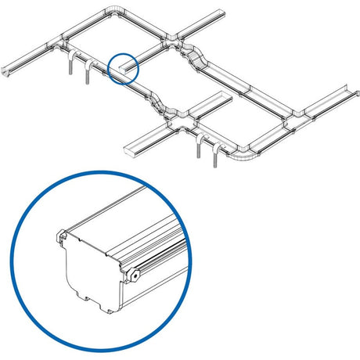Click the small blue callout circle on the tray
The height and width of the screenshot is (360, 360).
point(124,68)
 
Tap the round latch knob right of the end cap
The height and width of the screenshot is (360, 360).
point(135,275)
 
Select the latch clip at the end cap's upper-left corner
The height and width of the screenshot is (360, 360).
point(61,236)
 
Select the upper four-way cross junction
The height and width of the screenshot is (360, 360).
point(171,38)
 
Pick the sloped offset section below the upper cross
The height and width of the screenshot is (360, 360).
point(197,59)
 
